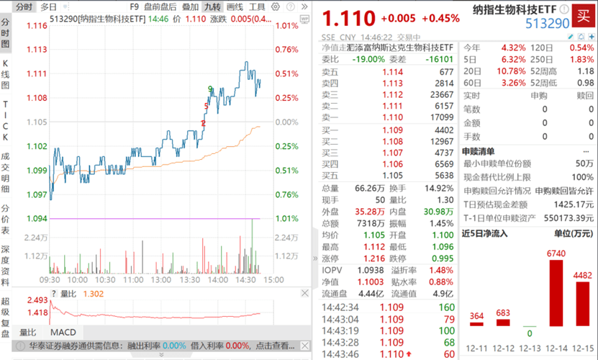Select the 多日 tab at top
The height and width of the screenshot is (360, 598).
[49, 6]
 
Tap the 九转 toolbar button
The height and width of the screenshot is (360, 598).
[212, 6]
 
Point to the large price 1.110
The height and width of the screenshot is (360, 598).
[348, 18]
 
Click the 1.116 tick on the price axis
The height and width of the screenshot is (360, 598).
[37, 25]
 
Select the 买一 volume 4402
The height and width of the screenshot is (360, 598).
[444, 130]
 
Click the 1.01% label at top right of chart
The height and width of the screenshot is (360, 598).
[286, 25]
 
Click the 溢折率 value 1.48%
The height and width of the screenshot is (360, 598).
[443, 269]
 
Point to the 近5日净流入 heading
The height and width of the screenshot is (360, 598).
[484, 233]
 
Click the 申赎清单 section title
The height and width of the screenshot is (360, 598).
[478, 151]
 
